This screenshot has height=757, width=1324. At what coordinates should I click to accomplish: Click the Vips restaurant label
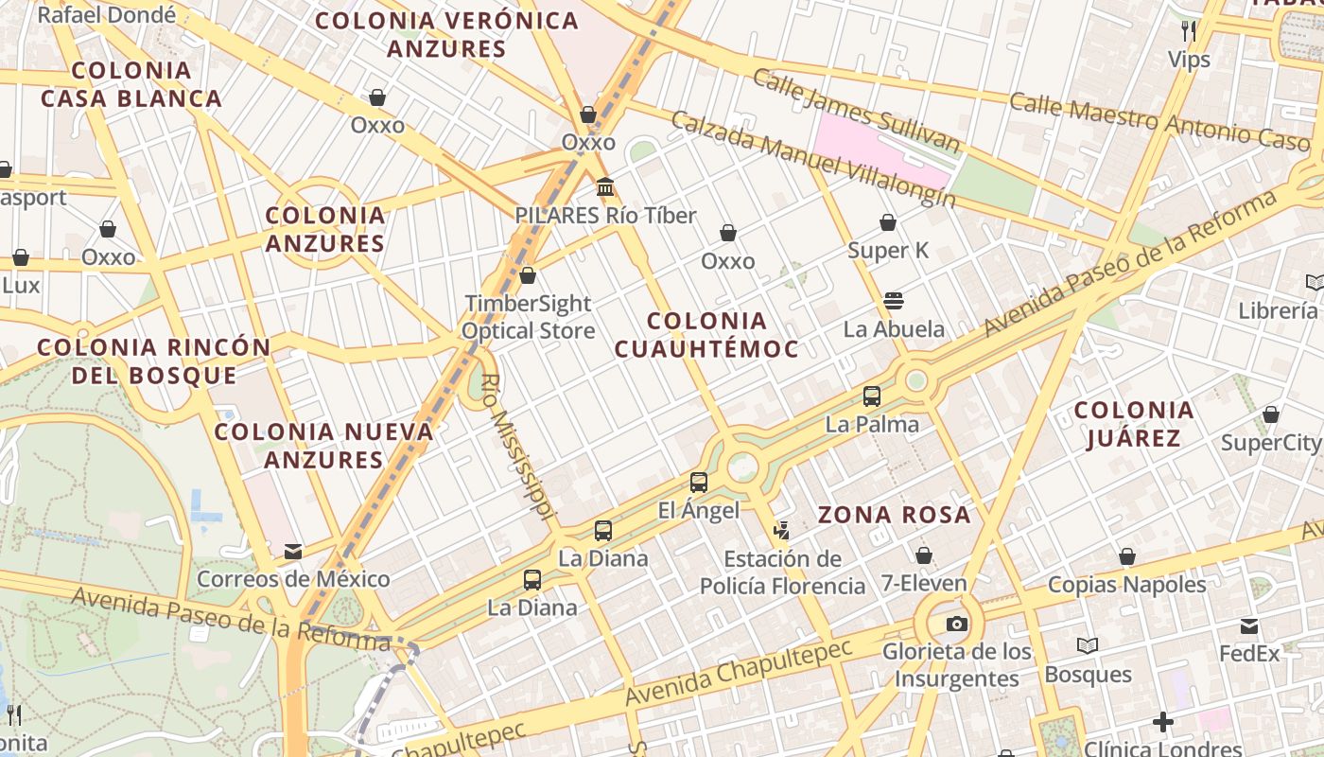click(1189, 60)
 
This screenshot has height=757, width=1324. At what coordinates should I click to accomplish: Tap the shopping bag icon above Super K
click(888, 222)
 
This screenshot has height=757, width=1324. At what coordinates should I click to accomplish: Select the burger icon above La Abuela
click(894, 301)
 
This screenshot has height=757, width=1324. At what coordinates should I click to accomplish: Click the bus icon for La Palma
click(871, 396)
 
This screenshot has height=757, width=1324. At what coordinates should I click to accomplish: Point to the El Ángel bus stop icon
click(699, 482)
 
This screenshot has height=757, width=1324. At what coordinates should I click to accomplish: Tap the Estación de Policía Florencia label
click(782, 572)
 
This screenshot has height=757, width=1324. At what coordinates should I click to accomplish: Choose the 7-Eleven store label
click(924, 583)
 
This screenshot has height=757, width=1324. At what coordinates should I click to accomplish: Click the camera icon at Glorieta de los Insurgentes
click(957, 624)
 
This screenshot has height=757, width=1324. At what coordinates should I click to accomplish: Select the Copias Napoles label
click(1126, 584)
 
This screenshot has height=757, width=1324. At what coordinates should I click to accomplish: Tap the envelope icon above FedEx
click(1249, 625)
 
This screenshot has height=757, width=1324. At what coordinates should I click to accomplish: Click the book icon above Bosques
click(1088, 646)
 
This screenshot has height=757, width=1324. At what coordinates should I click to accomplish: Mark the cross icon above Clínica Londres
click(1162, 723)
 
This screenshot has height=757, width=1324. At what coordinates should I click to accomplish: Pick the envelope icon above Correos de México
click(293, 551)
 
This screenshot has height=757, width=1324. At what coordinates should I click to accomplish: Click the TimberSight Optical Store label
click(528, 317)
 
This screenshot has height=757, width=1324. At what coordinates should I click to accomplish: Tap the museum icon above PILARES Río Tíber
click(605, 186)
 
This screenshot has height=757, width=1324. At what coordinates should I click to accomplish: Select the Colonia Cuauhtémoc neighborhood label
click(706, 335)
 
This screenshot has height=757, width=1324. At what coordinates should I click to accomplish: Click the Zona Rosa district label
click(894, 515)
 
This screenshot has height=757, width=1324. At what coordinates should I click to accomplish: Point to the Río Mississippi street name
click(515, 446)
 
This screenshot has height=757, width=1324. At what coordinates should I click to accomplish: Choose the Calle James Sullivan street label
click(857, 111)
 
